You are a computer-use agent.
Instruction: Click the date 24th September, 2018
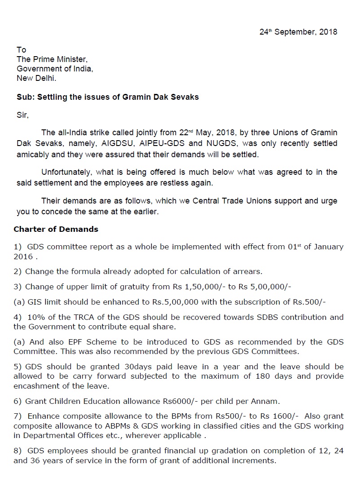pyautogui.click(x=298, y=32)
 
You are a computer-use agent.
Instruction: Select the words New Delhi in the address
pyautogui.click(x=37, y=78)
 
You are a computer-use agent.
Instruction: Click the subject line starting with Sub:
pyautogui.click(x=108, y=97)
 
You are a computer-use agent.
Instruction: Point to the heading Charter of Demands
pyautogui.click(x=56, y=229)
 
